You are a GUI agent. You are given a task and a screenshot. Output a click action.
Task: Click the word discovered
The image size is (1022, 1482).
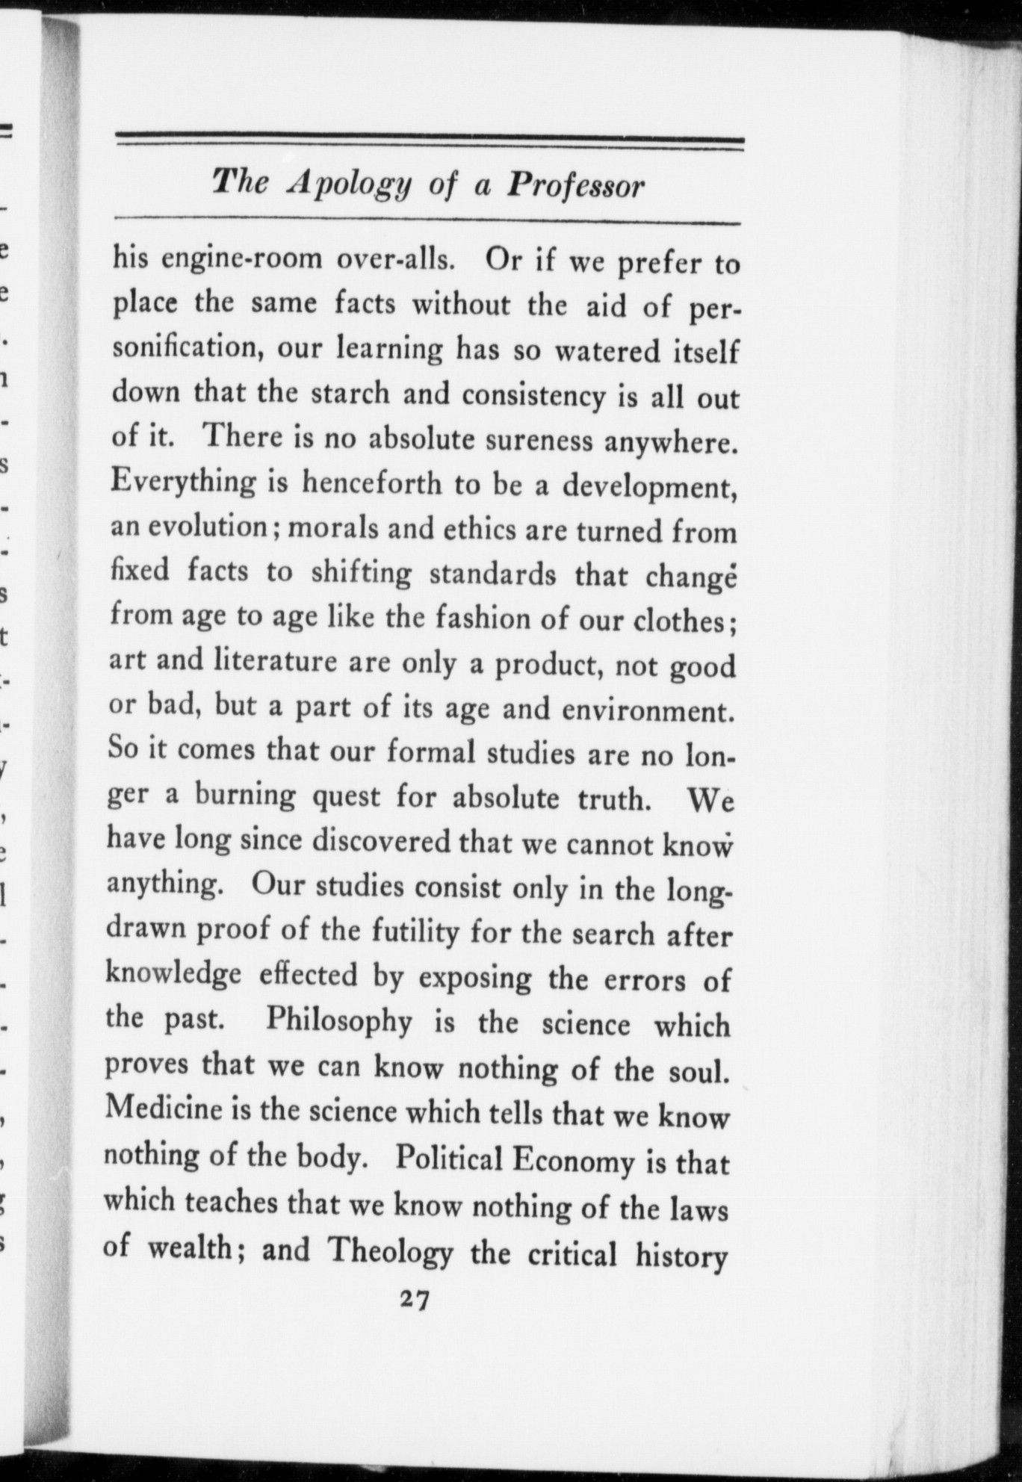pos(380,840)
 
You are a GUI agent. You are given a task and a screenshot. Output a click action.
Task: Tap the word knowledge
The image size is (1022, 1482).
pos(173,975)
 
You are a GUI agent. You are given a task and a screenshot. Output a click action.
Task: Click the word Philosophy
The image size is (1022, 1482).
pos(338,1020)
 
